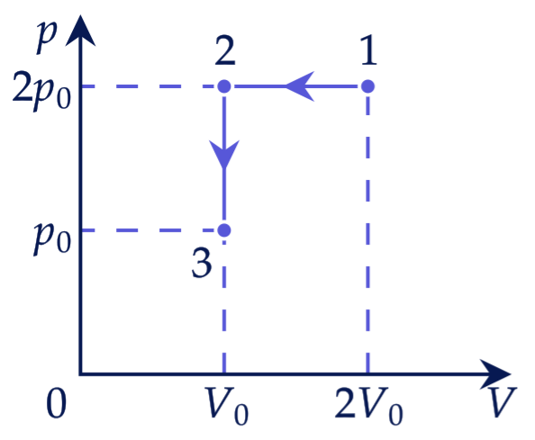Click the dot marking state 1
367,86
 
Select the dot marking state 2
224,86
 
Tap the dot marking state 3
224,230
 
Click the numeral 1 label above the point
368,50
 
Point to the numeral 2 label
225,50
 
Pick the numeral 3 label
202,263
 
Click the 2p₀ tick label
41,91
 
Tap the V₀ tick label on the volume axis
225,406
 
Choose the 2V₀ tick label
369,406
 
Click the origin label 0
57,403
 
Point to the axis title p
47,38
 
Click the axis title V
503,402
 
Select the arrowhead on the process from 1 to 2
299,86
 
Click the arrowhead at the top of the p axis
80,30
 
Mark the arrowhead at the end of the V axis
495,374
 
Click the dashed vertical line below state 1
367,233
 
